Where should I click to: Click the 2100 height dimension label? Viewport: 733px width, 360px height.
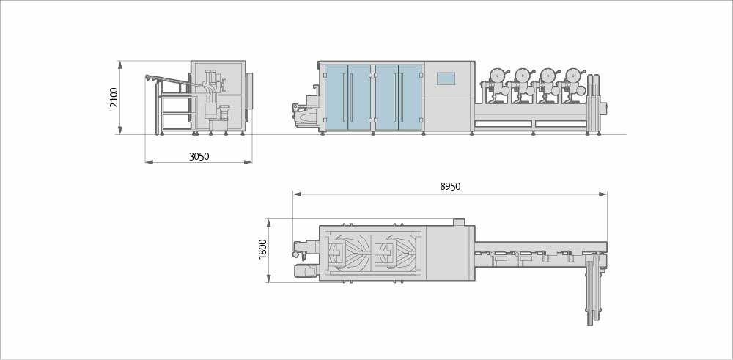(x=114, y=98)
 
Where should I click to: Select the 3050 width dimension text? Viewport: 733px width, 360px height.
(x=199, y=157)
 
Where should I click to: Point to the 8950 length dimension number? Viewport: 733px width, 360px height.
(x=450, y=186)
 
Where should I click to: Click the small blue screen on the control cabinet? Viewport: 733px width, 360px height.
(x=446, y=78)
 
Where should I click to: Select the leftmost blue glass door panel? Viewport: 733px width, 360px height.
(x=336, y=98)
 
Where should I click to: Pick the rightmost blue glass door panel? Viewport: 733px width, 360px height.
(x=410, y=98)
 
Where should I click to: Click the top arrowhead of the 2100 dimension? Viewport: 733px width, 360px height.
(x=120, y=65)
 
